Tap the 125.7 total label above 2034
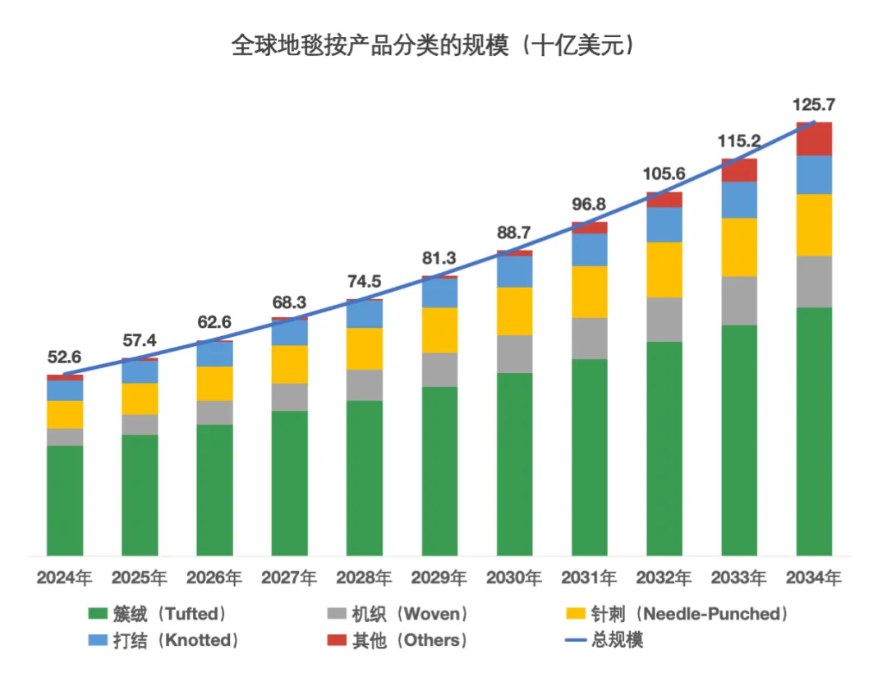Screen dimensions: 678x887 coord(813,105)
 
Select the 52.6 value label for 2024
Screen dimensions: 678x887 coord(63,357)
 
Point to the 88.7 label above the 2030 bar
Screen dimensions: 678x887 coord(514,233)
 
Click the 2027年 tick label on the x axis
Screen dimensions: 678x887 coord(289,579)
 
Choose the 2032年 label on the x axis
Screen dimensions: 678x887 coord(664,579)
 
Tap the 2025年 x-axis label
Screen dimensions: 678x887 coord(139,579)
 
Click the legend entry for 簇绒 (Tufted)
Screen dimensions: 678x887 coord(156,614)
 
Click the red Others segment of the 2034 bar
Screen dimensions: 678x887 coord(814,138)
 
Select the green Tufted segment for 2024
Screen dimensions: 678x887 coord(65,500)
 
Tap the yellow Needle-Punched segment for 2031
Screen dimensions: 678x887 coord(589,292)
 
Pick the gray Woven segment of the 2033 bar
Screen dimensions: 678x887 coord(739,301)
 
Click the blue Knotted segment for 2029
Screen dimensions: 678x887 coord(439,293)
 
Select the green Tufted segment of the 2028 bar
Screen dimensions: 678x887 coord(364,477)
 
